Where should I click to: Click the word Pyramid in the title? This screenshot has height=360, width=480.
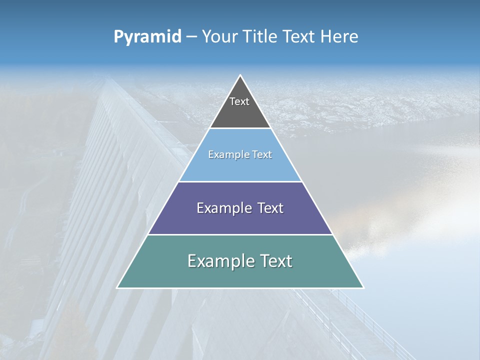[x=147, y=37]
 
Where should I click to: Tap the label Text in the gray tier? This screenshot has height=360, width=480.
[x=239, y=101]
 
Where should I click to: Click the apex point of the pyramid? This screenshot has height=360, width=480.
[x=240, y=75]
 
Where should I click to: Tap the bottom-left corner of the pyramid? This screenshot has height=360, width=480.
[x=117, y=287]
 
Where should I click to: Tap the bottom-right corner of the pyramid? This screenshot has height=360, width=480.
[x=363, y=287]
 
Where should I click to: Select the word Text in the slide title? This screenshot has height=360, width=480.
[x=299, y=37]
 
